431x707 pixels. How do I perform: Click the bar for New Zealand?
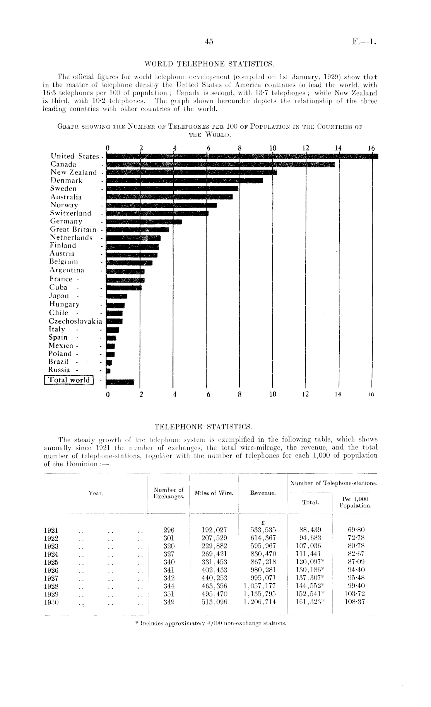click(191, 172)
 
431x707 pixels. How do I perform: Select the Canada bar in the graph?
click(220, 164)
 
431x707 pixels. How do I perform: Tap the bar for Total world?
click(120, 382)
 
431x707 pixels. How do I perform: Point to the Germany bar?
click(144, 221)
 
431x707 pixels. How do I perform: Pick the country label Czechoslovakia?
click(75, 321)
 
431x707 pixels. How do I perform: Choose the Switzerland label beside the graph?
click(71, 213)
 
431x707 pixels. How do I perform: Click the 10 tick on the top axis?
click(273, 148)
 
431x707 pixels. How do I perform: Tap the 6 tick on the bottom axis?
click(209, 395)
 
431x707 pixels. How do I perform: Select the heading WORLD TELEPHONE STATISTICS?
click(209, 63)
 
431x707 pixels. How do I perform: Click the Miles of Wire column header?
click(214, 493)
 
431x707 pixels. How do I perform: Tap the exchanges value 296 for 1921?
click(169, 530)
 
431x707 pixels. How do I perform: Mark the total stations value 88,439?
click(310, 530)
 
